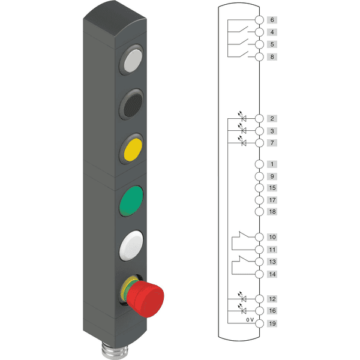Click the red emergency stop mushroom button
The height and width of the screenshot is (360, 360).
tap(145, 299)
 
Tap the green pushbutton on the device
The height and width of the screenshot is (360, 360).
tap(131, 201)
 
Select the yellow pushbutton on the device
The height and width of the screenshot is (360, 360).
tap(133, 149)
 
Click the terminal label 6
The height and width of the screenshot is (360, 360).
tap(272, 20)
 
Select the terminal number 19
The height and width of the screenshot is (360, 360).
tap(272, 323)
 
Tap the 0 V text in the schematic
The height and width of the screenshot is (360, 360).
tap(250, 320)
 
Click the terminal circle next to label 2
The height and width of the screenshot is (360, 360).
tap(259, 119)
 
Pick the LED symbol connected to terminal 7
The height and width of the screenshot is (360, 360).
tap(242, 141)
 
